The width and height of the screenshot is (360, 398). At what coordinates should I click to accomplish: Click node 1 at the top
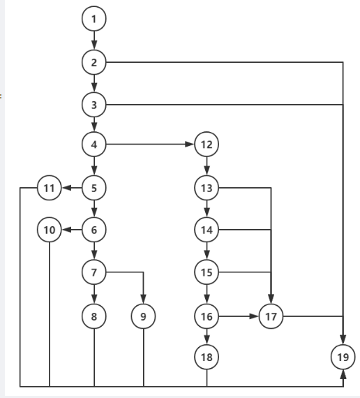(94, 19)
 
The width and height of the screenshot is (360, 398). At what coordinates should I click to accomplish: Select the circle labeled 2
(94, 62)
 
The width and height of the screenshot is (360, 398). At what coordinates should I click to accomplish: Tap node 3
(94, 105)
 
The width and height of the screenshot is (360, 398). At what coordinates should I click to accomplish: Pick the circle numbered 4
(94, 144)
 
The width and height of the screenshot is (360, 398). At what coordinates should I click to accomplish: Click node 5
(94, 188)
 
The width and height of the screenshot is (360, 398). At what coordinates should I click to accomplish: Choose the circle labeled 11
(50, 188)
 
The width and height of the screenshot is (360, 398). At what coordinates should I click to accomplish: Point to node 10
(50, 230)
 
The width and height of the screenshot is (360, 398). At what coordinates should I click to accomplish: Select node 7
(94, 272)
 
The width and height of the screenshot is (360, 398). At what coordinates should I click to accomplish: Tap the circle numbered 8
(94, 316)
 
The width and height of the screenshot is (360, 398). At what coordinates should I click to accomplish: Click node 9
(143, 316)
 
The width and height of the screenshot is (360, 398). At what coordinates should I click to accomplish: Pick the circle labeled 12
(207, 144)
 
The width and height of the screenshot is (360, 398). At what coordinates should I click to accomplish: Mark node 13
(207, 188)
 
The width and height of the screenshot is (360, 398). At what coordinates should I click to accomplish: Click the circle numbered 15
(207, 272)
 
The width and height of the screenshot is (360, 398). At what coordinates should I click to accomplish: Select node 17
(271, 316)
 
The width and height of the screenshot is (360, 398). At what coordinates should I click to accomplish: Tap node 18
(207, 357)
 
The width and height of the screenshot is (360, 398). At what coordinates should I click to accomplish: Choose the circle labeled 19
(343, 357)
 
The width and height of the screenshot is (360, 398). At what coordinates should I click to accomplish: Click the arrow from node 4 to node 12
(150, 144)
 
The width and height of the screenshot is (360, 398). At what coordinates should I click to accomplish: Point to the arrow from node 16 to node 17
(239, 316)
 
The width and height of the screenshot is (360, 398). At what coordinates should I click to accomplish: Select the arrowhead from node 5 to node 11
(66, 188)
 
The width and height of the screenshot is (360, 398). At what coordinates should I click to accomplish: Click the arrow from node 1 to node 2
(94, 40)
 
